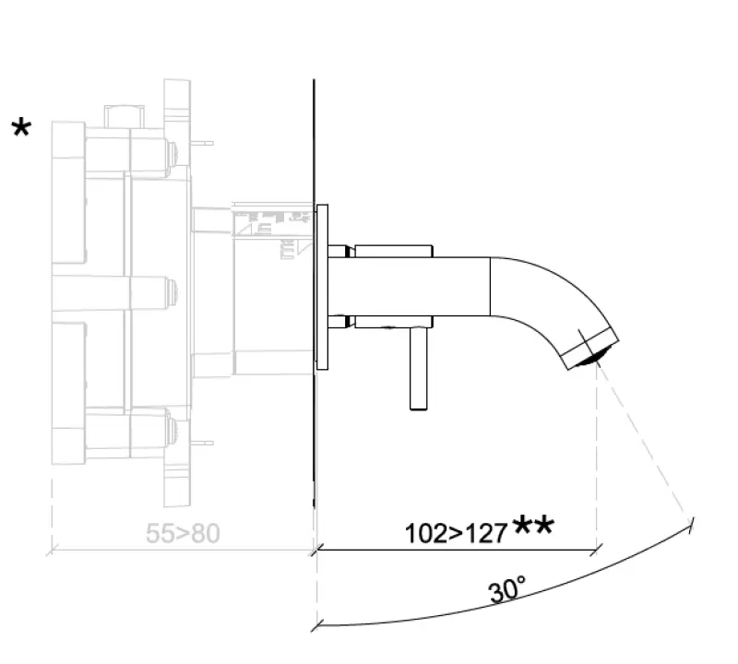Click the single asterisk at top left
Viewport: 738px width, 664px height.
[20, 128]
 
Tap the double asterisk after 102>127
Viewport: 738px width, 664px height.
[533, 527]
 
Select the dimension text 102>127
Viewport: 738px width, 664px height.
[456, 533]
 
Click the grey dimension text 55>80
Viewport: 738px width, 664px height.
[183, 533]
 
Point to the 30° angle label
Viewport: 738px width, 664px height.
[506, 590]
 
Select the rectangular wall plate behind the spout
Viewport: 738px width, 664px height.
[322, 287]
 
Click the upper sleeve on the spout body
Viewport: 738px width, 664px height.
[394, 251]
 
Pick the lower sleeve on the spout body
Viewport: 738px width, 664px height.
[394, 322]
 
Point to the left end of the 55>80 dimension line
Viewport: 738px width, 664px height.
[52, 551]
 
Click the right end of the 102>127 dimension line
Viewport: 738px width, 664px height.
[597, 551]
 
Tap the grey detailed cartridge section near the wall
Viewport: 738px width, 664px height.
[273, 231]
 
